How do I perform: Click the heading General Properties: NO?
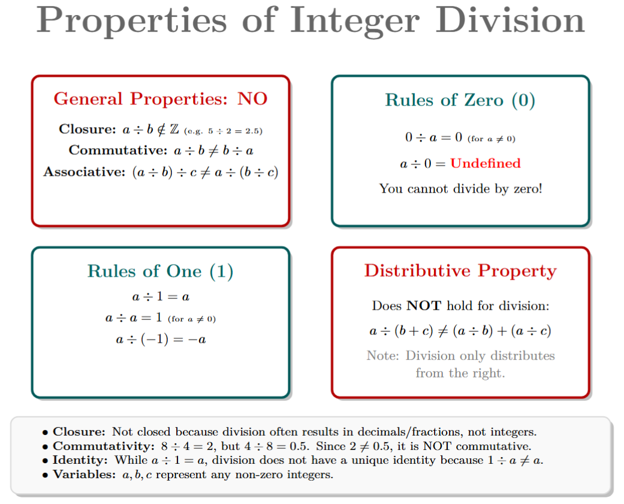click(161, 99)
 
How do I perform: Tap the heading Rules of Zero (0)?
click(460, 100)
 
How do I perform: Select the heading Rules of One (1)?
click(160, 271)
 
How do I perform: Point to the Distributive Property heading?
click(460, 271)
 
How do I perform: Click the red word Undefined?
click(485, 163)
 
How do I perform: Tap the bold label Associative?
click(84, 172)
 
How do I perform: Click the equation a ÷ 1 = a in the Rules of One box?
click(161, 296)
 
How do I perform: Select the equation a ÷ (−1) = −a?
click(161, 340)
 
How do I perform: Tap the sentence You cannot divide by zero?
click(460, 189)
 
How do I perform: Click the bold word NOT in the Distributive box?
click(423, 306)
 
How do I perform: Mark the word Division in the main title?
click(510, 20)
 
